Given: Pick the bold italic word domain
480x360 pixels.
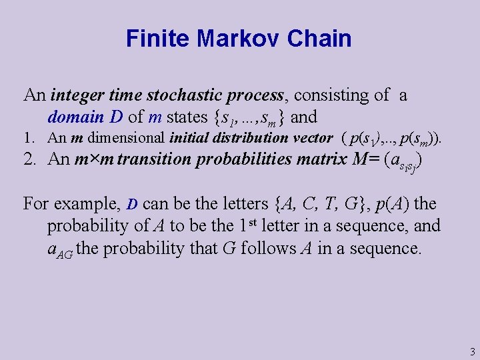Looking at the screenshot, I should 75,117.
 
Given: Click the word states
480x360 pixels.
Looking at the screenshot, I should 187,117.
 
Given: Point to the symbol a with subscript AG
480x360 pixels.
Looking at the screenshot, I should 60,249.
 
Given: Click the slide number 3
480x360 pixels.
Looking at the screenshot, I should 472,351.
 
